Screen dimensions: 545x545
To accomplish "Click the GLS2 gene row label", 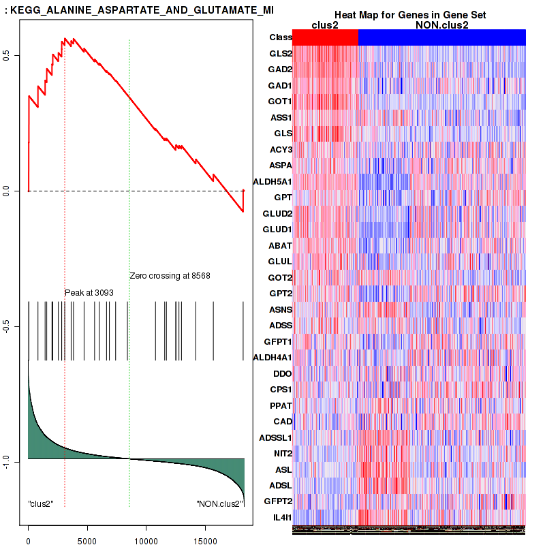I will point(281,53).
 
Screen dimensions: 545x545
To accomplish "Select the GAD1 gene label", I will point(280,85).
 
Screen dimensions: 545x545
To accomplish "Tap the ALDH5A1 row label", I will point(272,181).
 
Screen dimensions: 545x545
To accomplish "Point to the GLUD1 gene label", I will point(277,229).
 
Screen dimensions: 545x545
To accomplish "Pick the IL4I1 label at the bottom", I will point(282,518).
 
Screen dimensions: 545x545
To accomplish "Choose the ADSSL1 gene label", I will point(275,437).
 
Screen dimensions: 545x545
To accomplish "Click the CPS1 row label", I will point(281,390).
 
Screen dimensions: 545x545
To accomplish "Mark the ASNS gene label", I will point(280,309).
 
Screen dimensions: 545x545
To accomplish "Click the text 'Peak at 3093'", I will point(89,292).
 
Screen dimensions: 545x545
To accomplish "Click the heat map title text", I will point(409,15).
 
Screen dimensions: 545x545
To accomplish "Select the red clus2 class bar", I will point(325,37).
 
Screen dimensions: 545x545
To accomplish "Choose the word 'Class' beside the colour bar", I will point(280,37).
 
